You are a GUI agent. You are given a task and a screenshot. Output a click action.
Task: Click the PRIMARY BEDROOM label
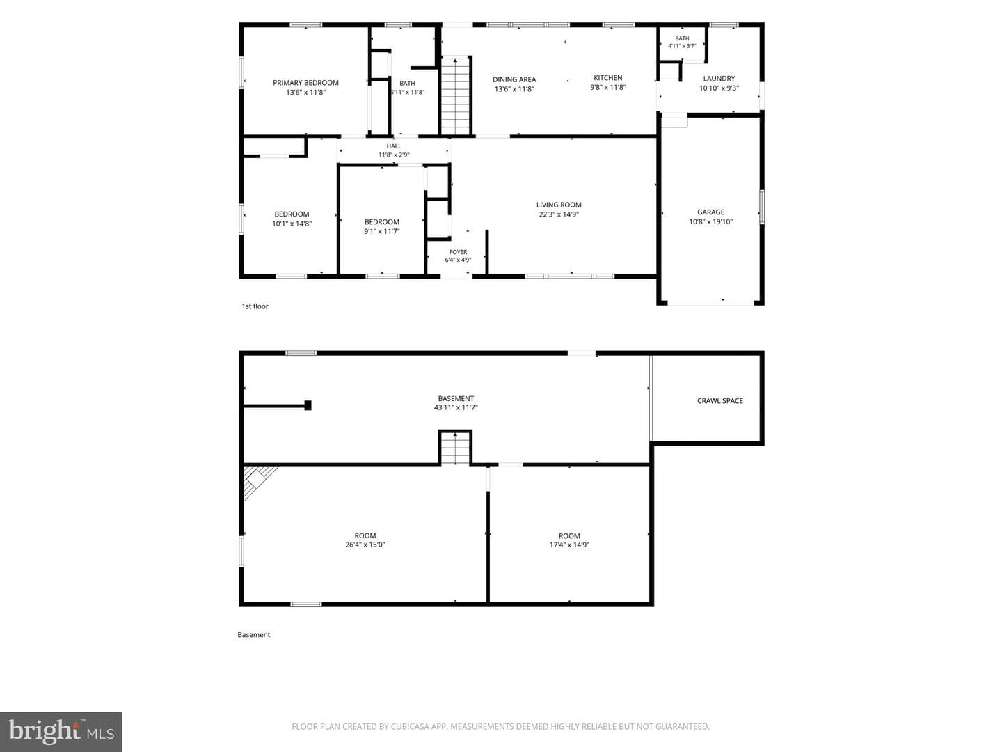[x=305, y=83]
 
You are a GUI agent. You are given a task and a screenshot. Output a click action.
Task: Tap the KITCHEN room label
[x=607, y=77]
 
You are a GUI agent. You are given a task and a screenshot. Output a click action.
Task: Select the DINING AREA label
[x=514, y=79]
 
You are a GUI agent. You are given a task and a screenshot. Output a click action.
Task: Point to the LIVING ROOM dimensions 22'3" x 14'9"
[x=559, y=214]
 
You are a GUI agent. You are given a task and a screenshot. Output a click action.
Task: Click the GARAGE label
[x=710, y=212]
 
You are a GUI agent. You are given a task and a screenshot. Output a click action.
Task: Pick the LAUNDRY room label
[x=719, y=79]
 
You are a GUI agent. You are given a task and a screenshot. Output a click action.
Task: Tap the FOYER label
[x=458, y=252]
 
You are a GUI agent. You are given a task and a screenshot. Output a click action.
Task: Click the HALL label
[x=394, y=146]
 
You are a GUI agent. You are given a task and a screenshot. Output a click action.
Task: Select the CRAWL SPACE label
[x=720, y=401]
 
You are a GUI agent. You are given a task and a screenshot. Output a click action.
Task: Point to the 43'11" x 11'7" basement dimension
[x=456, y=407]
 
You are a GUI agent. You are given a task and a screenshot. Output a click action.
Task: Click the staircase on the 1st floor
[x=455, y=95]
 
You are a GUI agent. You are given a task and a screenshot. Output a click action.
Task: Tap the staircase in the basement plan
[x=455, y=448]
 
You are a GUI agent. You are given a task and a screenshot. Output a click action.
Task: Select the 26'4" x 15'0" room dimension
[x=365, y=545]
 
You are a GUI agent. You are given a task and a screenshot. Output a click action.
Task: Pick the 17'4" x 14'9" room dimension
[x=569, y=545]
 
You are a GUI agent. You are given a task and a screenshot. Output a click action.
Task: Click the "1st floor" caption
[x=255, y=306]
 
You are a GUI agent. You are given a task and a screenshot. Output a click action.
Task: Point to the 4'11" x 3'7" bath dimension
[x=682, y=46]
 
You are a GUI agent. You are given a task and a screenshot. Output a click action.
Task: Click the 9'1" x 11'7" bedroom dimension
[x=381, y=231]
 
